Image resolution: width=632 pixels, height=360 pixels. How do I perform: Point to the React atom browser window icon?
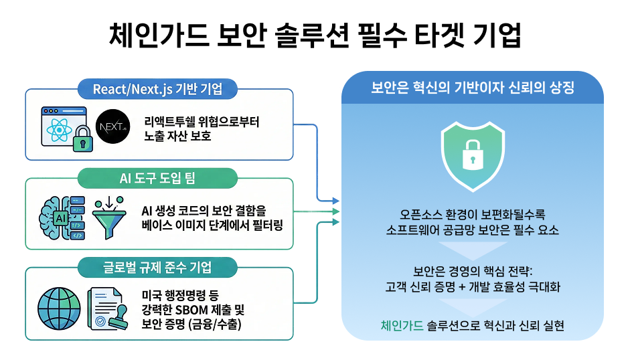(x=58, y=124)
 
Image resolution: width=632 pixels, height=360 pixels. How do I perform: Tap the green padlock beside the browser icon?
(x=82, y=139)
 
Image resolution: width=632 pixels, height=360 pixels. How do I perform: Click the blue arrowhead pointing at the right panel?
(x=335, y=201)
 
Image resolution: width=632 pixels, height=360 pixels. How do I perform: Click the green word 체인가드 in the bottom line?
(x=401, y=326)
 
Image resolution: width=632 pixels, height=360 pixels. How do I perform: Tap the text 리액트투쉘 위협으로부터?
(x=201, y=123)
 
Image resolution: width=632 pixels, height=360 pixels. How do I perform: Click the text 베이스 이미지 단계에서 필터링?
(x=212, y=224)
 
